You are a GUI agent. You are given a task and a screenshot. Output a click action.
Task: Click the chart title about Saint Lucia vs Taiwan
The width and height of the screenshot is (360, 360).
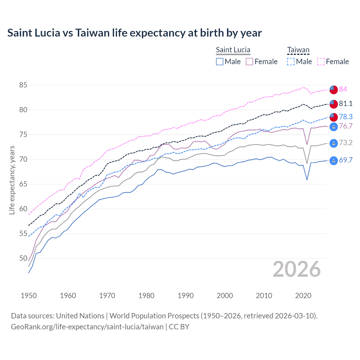click(134, 33)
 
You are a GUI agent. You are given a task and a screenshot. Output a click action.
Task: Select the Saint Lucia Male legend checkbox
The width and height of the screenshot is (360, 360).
click(220, 62)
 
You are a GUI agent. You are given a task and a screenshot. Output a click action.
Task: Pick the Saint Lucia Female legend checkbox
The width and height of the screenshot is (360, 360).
click(249, 62)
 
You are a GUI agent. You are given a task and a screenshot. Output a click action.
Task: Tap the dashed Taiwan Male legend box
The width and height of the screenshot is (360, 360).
click(291, 62)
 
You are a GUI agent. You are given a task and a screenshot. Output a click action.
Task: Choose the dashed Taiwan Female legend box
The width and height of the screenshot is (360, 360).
click(321, 62)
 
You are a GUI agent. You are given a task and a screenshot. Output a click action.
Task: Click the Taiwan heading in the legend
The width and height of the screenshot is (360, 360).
click(298, 50)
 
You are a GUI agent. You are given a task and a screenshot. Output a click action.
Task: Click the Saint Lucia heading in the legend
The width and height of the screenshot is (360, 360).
click(233, 50)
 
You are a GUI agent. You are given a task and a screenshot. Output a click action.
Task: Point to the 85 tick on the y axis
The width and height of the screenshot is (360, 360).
click(23, 85)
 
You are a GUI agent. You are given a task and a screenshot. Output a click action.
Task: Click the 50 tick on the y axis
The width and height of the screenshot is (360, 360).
click(23, 258)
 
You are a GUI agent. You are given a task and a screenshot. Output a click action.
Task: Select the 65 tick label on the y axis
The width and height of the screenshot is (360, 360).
click(23, 184)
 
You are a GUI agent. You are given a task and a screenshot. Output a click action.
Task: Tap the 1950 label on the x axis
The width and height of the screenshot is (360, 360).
click(29, 296)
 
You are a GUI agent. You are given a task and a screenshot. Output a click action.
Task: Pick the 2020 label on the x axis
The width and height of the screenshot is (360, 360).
click(303, 296)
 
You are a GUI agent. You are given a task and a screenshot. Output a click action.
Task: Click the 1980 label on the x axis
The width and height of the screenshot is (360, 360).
click(146, 296)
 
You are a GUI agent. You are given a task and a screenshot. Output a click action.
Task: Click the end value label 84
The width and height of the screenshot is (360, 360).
click(343, 89)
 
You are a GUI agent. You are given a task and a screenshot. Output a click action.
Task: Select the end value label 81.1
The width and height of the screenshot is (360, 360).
click(346, 103)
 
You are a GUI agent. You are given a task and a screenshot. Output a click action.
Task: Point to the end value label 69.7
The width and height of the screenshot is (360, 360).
click(346, 160)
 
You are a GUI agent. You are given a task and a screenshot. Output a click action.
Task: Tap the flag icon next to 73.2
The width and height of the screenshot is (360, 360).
click(334, 143)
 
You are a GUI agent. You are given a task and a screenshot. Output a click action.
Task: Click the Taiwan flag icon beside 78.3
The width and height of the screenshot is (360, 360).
click(334, 117)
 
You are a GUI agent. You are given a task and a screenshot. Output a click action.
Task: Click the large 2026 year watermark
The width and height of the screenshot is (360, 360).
click(297, 269)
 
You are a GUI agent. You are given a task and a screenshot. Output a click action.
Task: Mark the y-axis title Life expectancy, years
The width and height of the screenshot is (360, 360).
click(12, 180)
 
